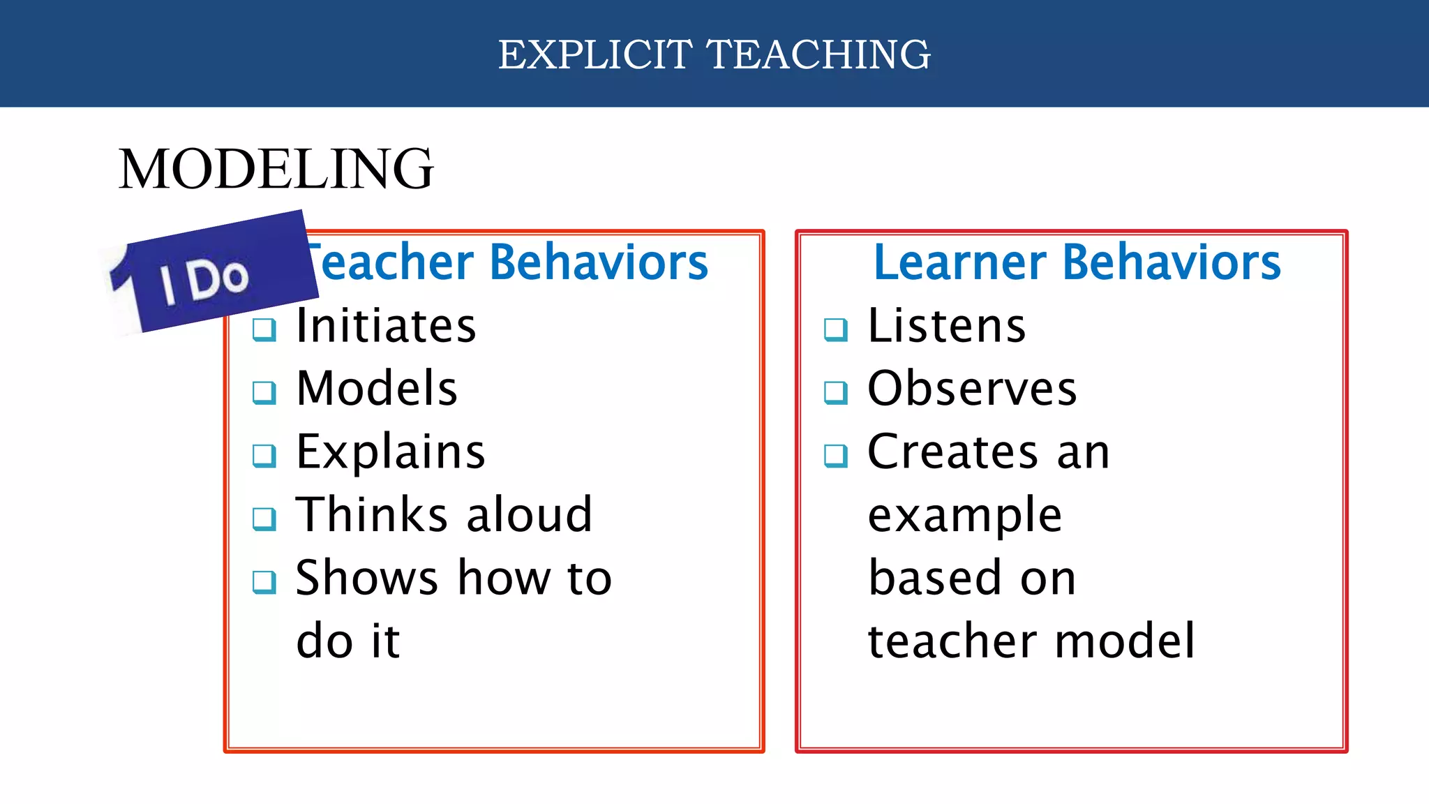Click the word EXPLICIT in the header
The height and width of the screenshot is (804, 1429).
(x=595, y=54)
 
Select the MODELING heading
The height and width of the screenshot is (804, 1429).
(x=276, y=169)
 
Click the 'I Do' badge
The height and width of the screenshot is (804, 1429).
(x=209, y=276)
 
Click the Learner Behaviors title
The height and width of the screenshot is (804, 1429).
(x=1077, y=262)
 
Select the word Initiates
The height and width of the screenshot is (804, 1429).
(x=386, y=326)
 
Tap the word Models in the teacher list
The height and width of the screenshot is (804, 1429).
(x=377, y=389)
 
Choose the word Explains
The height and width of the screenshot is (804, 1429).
(x=390, y=452)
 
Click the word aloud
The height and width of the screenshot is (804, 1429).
(x=530, y=515)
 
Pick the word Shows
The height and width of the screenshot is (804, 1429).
(x=367, y=578)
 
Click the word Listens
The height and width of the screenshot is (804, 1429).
(x=947, y=326)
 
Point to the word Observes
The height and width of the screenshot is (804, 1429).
(x=972, y=389)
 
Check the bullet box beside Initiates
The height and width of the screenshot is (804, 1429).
(x=264, y=329)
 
